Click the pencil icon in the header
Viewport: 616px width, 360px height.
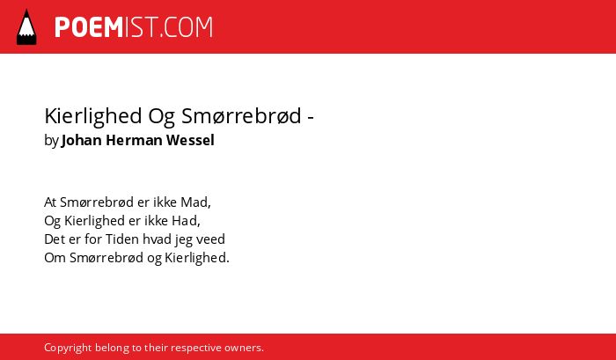click(26, 26)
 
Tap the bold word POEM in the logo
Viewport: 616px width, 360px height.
click(89, 27)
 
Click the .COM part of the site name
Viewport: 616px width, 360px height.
click(187, 27)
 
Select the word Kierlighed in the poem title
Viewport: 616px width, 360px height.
click(93, 116)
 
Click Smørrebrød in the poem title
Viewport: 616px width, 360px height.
click(241, 115)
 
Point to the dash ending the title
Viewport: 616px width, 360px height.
click(310, 118)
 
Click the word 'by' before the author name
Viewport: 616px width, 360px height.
click(51, 140)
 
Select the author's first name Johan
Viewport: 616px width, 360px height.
click(82, 140)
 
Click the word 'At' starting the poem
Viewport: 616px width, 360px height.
click(50, 202)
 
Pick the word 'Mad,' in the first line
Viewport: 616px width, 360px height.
click(195, 202)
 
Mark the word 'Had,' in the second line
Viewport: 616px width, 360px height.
click(186, 221)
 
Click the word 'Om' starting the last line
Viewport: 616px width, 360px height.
click(55, 258)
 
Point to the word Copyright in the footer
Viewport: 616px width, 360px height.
click(68, 349)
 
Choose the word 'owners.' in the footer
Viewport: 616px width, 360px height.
click(244, 349)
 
